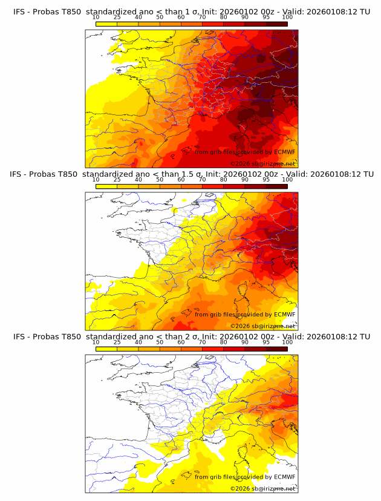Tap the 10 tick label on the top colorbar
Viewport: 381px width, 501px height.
pyautogui.click(x=96, y=17)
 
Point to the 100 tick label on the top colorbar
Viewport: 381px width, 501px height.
pyautogui.click(x=287, y=17)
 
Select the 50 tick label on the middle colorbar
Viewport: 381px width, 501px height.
pyautogui.click(x=160, y=180)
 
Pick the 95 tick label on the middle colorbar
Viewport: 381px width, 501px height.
pyautogui.click(x=266, y=180)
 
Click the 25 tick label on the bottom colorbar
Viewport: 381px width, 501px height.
pyautogui.click(x=117, y=342)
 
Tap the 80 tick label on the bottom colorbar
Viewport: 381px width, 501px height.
pyautogui.click(x=224, y=342)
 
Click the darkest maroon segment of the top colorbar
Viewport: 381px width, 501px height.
pyautogui.click(x=276, y=24)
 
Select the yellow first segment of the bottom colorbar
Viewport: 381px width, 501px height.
pyautogui.click(x=106, y=349)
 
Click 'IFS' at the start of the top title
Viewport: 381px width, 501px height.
pyautogui.click(x=20, y=11)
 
